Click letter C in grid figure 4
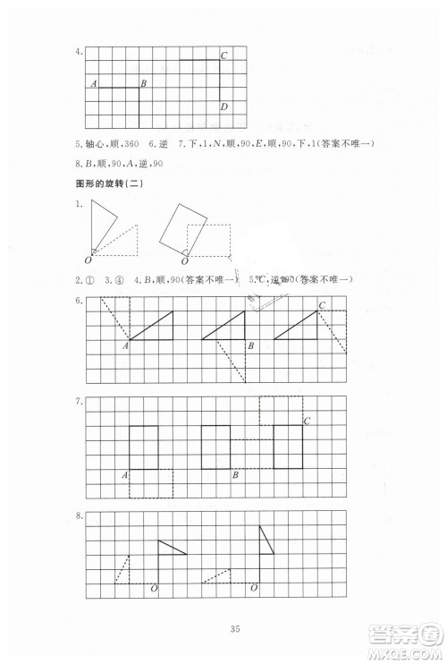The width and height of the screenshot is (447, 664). pos(224,55)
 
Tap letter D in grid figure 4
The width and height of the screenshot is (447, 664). pos(224,107)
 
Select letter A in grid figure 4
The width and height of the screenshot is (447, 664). pos(94,83)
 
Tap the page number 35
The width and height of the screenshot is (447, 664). pos(223,626)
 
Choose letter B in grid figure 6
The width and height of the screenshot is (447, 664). pos(252,345)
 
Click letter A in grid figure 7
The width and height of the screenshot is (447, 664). pos(124,474)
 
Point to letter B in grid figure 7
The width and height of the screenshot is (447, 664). pos(234,474)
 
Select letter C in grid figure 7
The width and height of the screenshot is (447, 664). pos(308,421)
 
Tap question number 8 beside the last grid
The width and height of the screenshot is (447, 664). pos(80,516)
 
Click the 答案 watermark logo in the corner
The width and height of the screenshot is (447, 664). pos(413,640)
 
